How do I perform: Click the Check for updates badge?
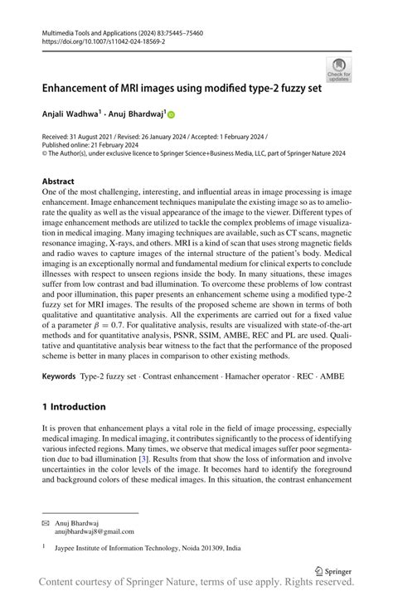[x=338, y=69]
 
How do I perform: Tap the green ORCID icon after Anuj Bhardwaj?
[x=172, y=112]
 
